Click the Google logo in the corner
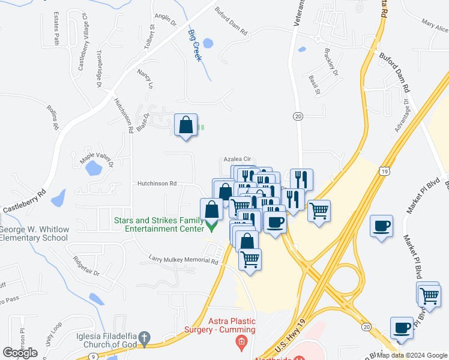coord(20,353)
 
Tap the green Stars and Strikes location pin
coord(211,226)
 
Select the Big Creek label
coord(194,46)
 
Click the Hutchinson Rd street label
coord(157,184)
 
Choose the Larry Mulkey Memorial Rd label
coord(183,259)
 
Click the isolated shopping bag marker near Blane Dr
coord(186,126)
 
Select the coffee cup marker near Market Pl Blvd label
coord(382,226)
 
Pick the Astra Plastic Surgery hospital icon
coord(241,343)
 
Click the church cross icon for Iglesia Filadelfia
coord(143,340)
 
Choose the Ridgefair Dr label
coord(85,264)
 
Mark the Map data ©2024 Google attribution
coord(412,355)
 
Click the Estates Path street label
coord(57,28)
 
